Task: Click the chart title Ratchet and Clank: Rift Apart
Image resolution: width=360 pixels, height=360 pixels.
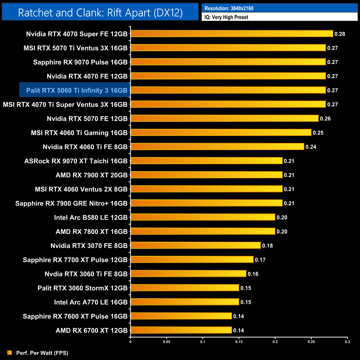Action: (x=100, y=13)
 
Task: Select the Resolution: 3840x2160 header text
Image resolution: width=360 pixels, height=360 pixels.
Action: (x=229, y=8)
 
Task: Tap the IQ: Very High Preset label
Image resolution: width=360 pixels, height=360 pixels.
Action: (x=226, y=17)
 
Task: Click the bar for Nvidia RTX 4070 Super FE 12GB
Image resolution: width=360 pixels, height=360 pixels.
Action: (x=232, y=34)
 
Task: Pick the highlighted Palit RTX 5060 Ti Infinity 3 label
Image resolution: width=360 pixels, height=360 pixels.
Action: (x=77, y=90)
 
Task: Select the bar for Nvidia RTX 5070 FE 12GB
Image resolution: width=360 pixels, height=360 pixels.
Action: (x=225, y=119)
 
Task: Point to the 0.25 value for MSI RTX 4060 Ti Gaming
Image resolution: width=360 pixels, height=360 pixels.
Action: (x=318, y=133)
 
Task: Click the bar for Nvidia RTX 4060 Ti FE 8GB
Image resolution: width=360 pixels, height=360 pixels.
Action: (x=217, y=147)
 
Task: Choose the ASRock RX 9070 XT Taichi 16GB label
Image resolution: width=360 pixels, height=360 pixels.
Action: (x=76, y=161)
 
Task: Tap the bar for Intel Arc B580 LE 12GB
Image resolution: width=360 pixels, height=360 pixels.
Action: (x=203, y=217)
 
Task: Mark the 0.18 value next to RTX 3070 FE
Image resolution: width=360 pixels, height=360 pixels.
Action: (x=267, y=246)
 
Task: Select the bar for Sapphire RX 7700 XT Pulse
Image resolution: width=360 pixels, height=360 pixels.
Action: (x=192, y=260)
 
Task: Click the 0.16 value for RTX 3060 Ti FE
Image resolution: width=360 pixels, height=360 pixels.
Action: (x=253, y=274)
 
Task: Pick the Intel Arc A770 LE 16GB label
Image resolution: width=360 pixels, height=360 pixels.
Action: (x=91, y=302)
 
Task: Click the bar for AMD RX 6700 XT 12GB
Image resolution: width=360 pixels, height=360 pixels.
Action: (x=181, y=330)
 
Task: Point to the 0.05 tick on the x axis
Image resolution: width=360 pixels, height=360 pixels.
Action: (x=167, y=342)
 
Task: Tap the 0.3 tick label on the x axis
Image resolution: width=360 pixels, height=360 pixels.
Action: (x=347, y=342)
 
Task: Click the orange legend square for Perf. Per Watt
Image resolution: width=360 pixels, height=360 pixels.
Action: (x=10, y=353)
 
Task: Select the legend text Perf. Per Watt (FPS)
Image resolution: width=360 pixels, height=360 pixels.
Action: (x=42, y=353)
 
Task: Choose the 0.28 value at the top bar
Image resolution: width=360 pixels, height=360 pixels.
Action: (x=340, y=34)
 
